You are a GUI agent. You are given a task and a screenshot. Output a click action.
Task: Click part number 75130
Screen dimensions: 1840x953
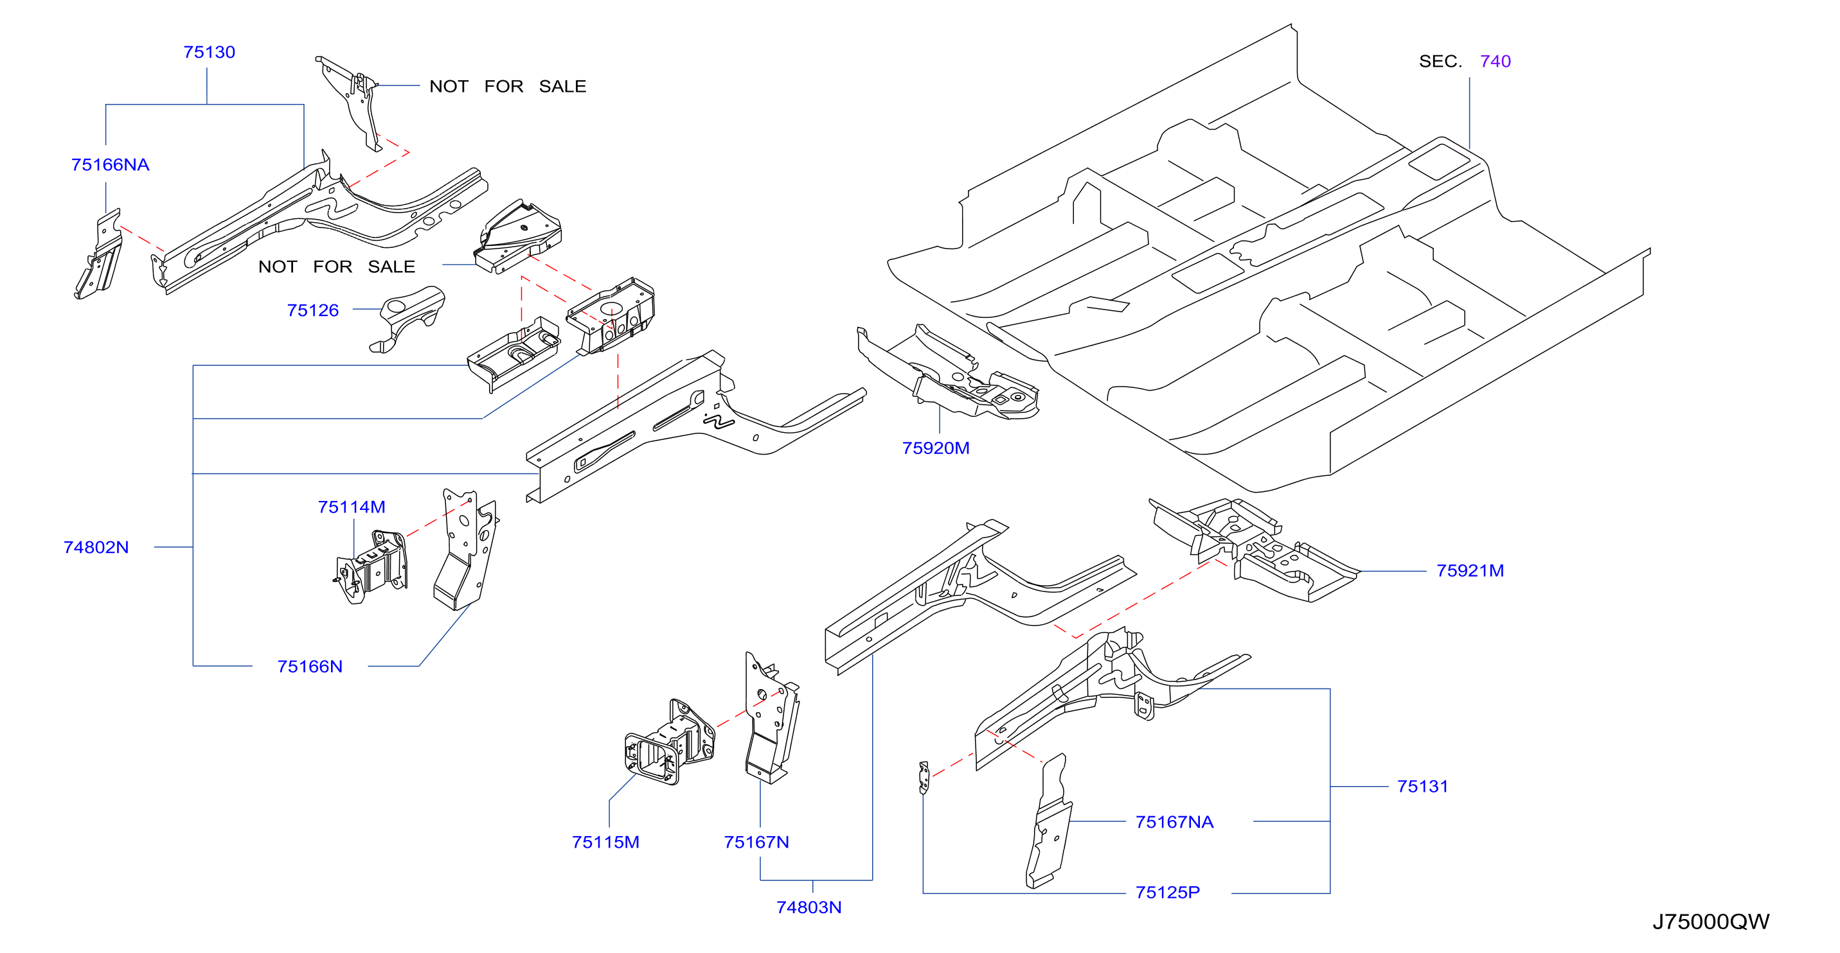coord(209,52)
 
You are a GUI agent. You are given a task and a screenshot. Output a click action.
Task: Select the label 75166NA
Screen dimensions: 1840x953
coord(110,165)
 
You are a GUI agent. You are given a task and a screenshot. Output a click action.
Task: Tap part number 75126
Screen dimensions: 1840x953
coord(313,311)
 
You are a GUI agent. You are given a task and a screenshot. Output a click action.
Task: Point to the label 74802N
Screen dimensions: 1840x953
coord(96,548)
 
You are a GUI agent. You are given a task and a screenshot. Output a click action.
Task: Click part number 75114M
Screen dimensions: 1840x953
coord(352,507)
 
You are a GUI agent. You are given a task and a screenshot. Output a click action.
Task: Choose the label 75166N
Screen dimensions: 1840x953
coord(310,667)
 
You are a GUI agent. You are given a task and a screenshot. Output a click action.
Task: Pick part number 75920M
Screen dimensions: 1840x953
coord(936,448)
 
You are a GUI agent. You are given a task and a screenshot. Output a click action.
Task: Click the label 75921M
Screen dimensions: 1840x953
coord(1470,571)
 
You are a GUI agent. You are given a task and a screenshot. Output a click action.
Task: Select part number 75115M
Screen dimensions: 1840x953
coord(605,843)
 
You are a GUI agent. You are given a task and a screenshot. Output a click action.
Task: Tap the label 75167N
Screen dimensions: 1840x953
coord(756,843)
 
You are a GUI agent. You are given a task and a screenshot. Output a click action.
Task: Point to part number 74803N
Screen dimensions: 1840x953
coord(809,907)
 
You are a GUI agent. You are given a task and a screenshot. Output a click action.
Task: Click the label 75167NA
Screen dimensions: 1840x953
coord(1175,823)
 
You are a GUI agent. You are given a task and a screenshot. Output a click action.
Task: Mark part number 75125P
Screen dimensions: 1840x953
coord(1168,893)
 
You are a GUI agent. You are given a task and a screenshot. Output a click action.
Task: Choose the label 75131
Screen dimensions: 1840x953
coord(1423,787)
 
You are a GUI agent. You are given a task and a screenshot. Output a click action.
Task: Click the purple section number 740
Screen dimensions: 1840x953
coord(1496,62)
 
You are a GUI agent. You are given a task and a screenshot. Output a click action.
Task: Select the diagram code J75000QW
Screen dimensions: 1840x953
coord(1711,922)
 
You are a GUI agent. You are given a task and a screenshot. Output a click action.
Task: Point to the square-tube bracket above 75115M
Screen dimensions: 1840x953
coord(670,742)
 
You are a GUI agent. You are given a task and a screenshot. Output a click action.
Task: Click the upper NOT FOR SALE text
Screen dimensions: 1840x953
coord(508,87)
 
